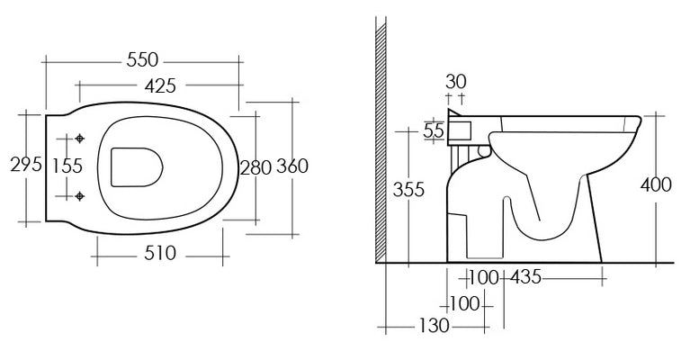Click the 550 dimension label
(x=142, y=59)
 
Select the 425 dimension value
(x=160, y=85)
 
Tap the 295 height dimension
(x=26, y=165)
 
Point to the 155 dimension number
(x=67, y=166)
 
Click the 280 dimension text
(x=255, y=167)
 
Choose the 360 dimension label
(x=292, y=166)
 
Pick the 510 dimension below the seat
(x=160, y=254)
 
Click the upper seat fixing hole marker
(x=80, y=139)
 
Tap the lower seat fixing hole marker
(x=80, y=196)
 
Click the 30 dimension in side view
(x=455, y=82)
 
